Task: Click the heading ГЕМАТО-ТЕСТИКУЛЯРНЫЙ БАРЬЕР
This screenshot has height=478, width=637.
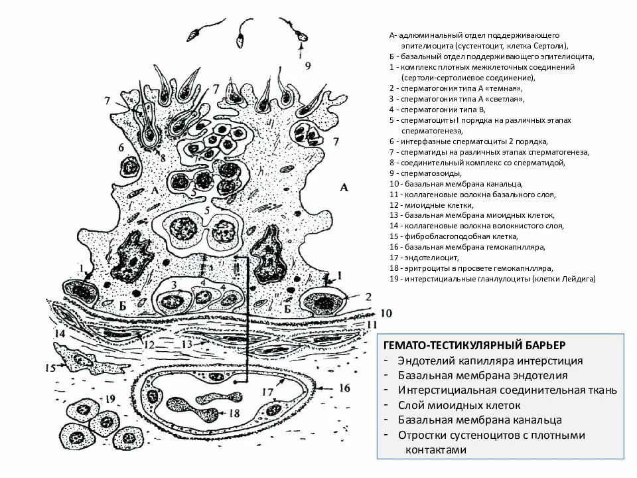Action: pos(474,345)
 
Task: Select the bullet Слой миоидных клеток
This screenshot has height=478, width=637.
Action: pos(459,405)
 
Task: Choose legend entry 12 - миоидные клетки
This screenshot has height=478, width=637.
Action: pos(424,204)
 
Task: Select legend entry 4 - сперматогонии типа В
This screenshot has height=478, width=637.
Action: pos(438,110)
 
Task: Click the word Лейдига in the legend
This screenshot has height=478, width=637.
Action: pos(580,279)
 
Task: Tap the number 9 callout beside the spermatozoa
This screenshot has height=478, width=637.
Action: pos(307,65)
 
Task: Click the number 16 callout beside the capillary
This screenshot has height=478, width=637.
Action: pos(344,387)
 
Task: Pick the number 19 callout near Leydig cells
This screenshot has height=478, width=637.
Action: pos(109,398)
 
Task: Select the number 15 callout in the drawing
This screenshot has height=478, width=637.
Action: pos(50,367)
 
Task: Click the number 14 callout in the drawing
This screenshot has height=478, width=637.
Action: pos(60,334)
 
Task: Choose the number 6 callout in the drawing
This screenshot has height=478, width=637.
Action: pos(121,147)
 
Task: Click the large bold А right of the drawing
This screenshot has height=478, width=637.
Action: pos(343,187)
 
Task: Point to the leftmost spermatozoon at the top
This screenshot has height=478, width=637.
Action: pos(198,33)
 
